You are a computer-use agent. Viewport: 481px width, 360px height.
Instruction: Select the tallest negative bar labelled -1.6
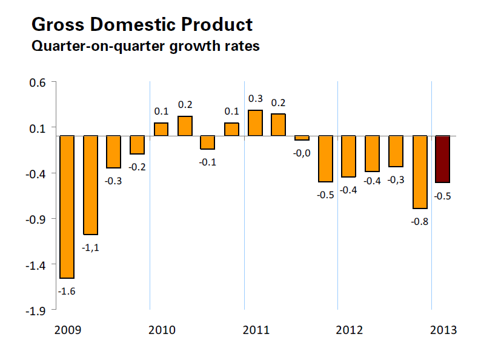click(66, 207)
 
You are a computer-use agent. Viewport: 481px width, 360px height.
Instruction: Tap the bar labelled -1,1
click(90, 185)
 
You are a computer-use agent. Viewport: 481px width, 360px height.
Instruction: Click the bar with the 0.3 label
click(255, 123)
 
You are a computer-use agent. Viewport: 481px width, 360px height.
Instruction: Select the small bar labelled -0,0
click(302, 138)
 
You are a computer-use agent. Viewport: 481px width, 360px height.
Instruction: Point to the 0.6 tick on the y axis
click(38, 82)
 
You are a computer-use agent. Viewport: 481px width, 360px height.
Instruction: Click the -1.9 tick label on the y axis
click(36, 311)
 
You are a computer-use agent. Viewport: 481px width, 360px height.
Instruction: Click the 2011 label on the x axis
click(256, 330)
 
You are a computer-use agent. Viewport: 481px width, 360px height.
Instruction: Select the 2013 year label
click(443, 330)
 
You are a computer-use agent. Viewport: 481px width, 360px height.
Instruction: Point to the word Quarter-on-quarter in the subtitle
click(95, 46)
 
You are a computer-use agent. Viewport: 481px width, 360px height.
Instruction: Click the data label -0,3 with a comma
click(396, 180)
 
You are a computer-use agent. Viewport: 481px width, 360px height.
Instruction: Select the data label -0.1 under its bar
click(208, 162)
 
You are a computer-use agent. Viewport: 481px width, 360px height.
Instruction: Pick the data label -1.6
click(66, 292)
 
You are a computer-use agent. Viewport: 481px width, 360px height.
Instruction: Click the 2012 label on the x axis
click(350, 330)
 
